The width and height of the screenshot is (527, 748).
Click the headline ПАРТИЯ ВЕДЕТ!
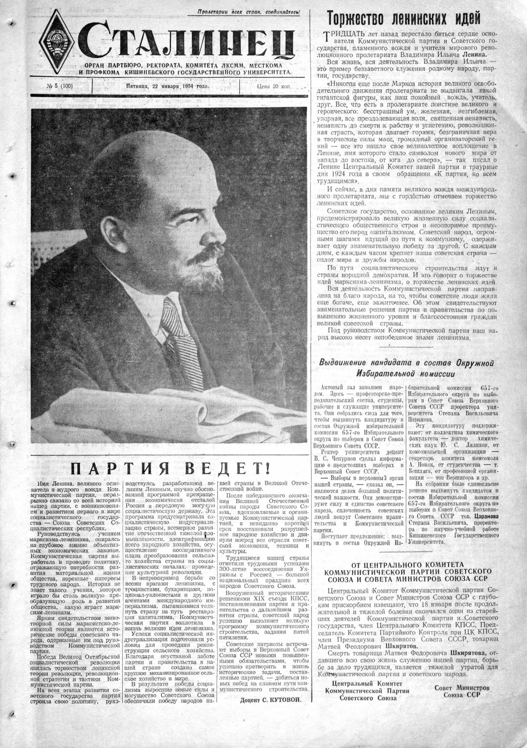169,468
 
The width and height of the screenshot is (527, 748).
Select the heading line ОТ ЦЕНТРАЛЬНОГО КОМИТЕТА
407,564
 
